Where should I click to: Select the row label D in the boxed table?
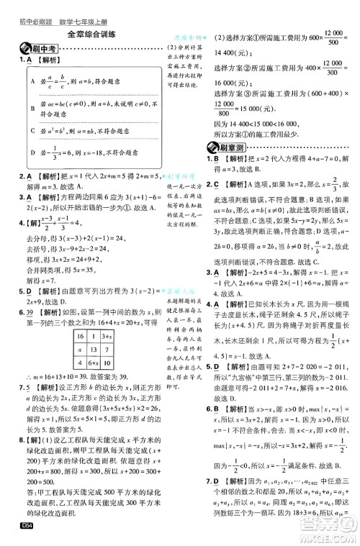32,153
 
